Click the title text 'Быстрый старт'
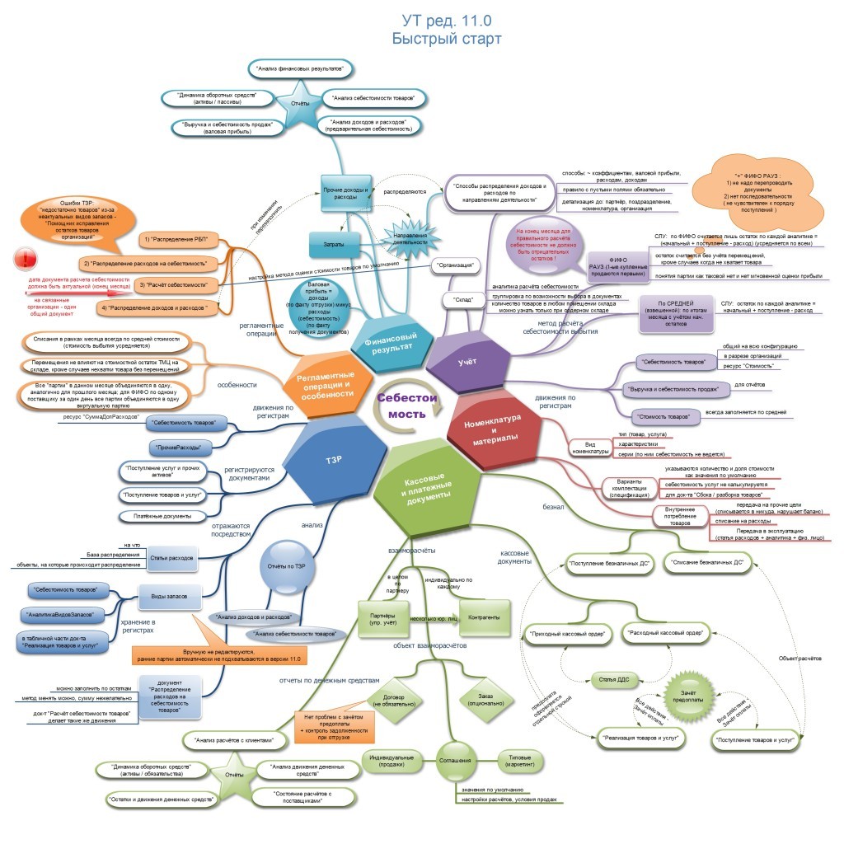(x=446, y=38)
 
